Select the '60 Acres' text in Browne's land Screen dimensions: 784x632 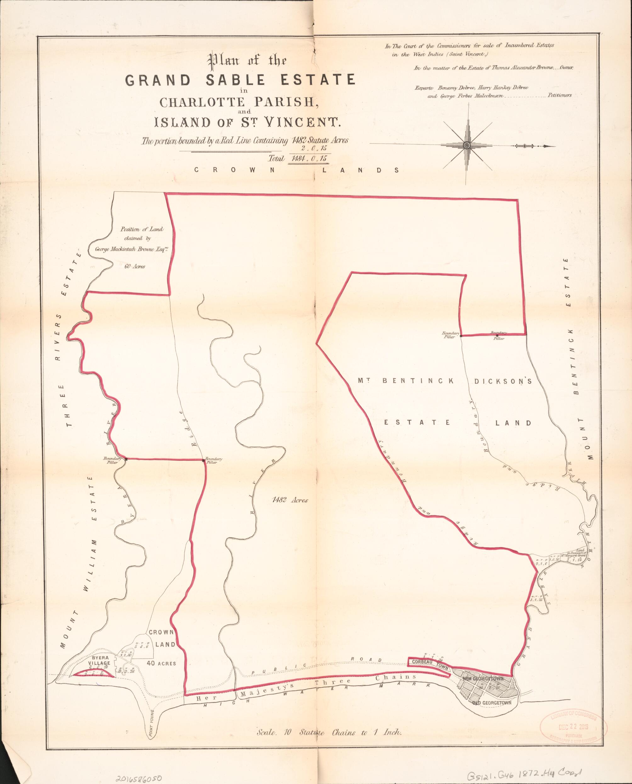pos(137,267)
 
